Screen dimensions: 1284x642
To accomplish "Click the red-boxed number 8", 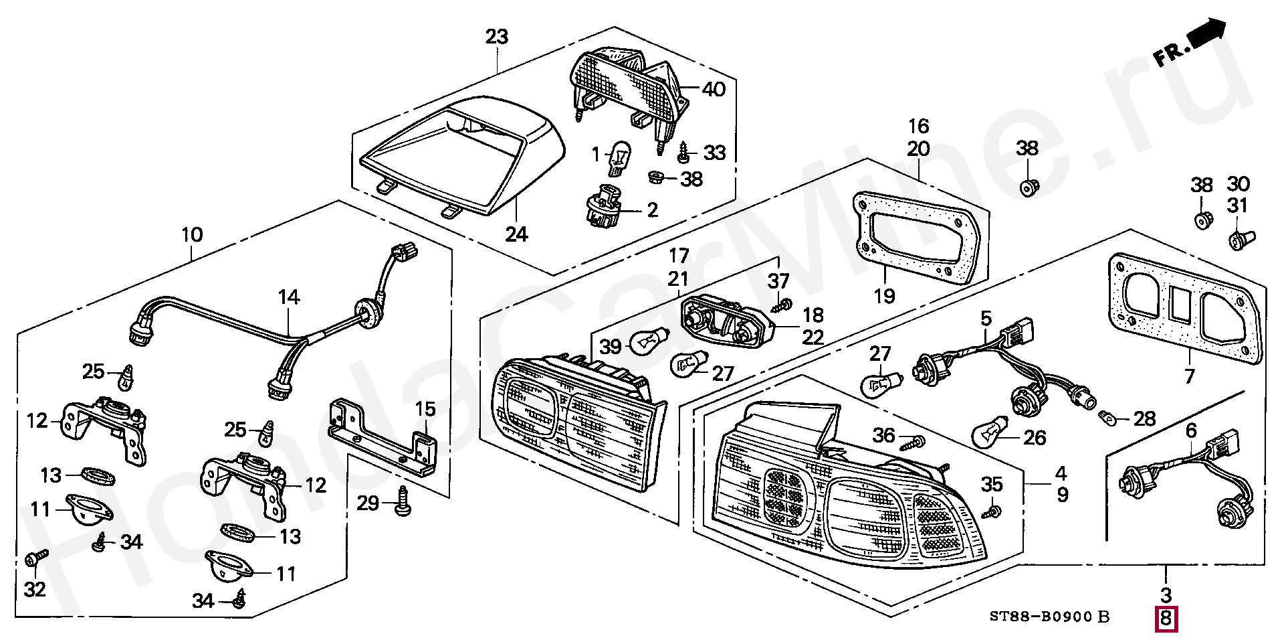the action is [x=1166, y=619].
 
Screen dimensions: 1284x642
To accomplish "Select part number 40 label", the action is [x=713, y=89].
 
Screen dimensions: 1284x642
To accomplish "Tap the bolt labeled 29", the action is [x=403, y=501].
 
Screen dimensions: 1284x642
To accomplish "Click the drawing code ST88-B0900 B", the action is [x=1049, y=616].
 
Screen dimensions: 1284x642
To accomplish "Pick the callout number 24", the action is [x=516, y=234].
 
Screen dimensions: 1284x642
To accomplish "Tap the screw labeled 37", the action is [x=780, y=306].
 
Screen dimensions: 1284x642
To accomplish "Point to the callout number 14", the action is [x=289, y=297].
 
